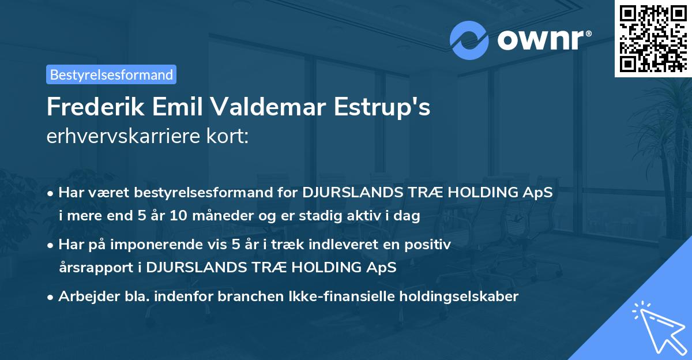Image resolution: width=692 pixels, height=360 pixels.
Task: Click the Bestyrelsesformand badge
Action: (111, 74)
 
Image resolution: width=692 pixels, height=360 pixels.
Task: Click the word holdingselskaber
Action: (456, 297)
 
